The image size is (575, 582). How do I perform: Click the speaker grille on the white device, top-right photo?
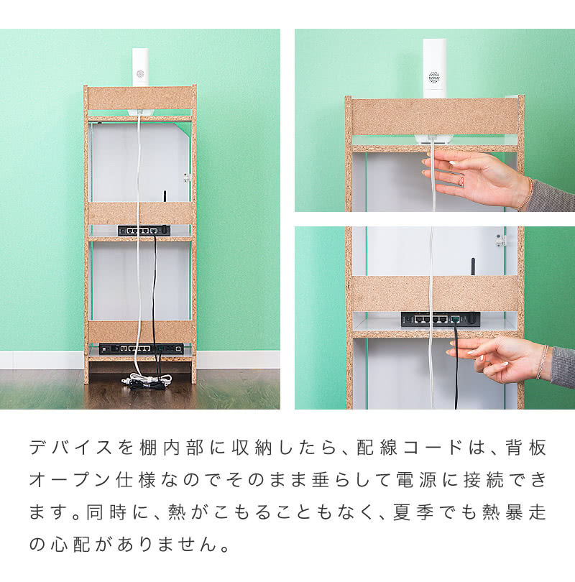point(433,77)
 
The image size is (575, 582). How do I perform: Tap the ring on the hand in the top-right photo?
point(461,181)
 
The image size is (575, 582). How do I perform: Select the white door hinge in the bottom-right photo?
point(501,239)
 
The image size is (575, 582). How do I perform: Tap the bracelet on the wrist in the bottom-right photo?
point(540,361)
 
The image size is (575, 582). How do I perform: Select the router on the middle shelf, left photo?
point(144,230)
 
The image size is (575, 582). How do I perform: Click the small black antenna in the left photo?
point(165,197)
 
